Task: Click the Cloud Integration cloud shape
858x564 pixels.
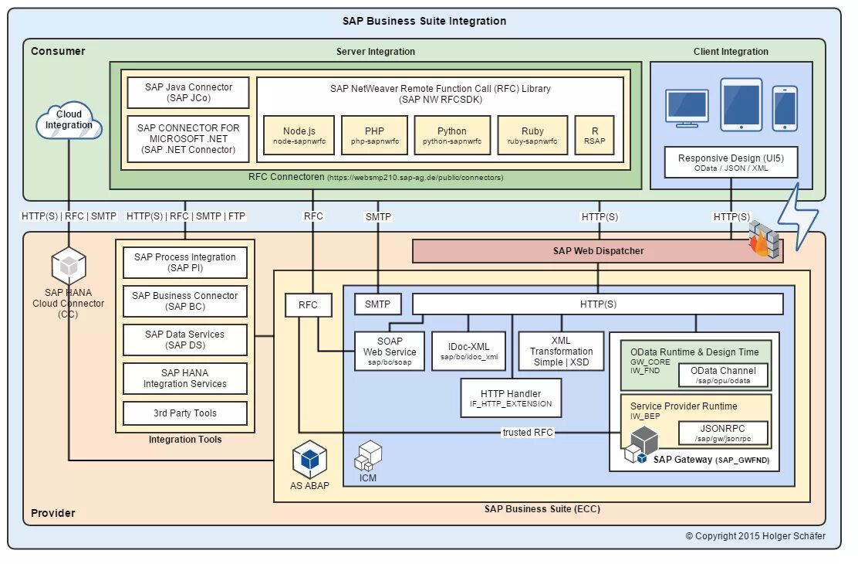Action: (x=69, y=121)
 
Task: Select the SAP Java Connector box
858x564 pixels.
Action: (x=188, y=93)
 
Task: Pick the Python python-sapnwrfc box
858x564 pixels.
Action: (x=451, y=136)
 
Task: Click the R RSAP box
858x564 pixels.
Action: (x=594, y=136)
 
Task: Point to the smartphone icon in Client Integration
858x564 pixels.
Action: (x=785, y=108)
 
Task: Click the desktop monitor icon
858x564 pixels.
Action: (x=687, y=108)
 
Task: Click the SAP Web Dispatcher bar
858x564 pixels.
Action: (x=598, y=251)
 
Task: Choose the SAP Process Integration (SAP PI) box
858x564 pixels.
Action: (x=185, y=263)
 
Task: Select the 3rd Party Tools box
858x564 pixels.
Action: (x=185, y=413)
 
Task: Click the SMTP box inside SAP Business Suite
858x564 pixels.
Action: (x=377, y=305)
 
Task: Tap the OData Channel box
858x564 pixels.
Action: (x=723, y=375)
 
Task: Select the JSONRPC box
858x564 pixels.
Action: (x=723, y=432)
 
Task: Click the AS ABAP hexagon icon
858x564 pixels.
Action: (x=309, y=460)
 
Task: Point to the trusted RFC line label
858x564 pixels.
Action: (x=527, y=433)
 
